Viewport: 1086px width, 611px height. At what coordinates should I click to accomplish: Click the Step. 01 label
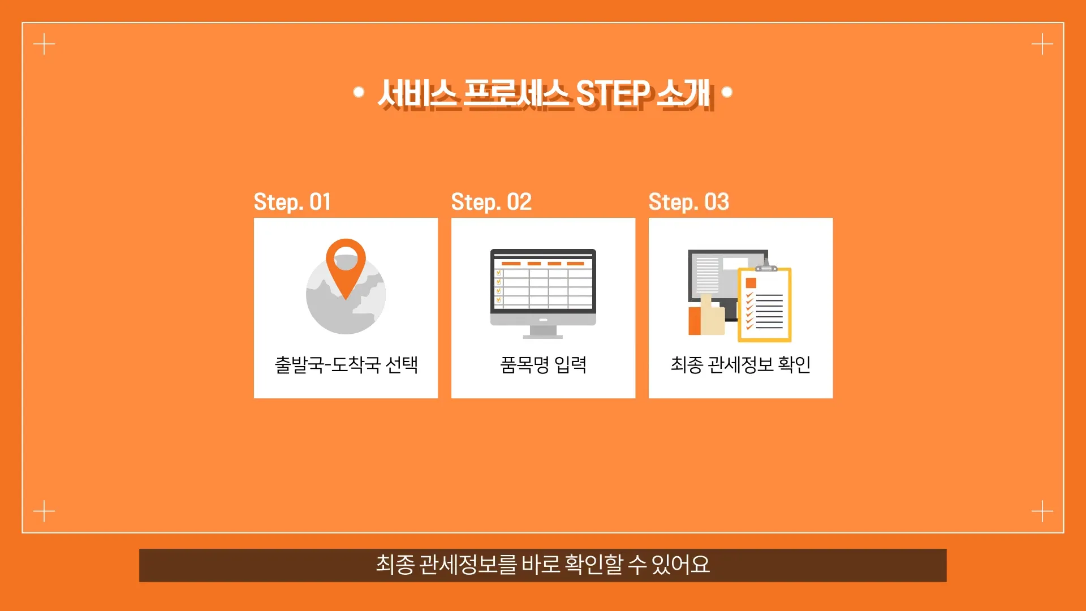click(x=292, y=202)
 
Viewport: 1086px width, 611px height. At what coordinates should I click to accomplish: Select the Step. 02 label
click(x=491, y=202)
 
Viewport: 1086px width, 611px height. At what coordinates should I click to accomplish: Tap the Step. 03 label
click(x=688, y=202)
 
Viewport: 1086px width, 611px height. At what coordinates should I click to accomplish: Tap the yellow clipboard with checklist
click(x=765, y=303)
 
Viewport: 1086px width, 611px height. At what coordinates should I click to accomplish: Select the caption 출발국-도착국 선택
click(x=346, y=365)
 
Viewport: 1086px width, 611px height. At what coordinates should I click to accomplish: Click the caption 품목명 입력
click(x=543, y=365)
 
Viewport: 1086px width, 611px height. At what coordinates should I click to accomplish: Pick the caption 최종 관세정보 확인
click(x=740, y=365)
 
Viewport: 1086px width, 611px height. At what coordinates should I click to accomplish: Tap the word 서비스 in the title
click(x=417, y=93)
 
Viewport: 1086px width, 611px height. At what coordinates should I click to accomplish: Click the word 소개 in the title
click(x=683, y=93)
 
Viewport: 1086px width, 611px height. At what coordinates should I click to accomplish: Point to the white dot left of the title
click(x=358, y=92)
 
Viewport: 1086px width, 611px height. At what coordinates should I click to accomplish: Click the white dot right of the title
click(x=727, y=92)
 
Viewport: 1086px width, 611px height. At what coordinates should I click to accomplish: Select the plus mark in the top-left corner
click(x=44, y=44)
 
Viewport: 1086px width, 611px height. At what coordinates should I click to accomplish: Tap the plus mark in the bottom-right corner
click(x=1042, y=511)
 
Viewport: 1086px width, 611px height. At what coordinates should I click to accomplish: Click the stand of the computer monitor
click(x=543, y=332)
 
